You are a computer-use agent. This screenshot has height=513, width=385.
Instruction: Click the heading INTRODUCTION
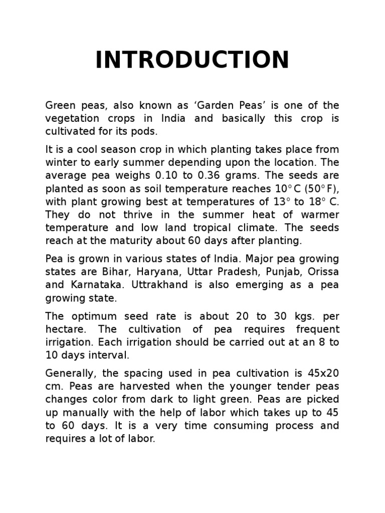(192, 60)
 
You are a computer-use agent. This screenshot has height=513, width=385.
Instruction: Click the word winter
(61, 162)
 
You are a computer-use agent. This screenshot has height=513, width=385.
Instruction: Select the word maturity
(120, 240)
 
